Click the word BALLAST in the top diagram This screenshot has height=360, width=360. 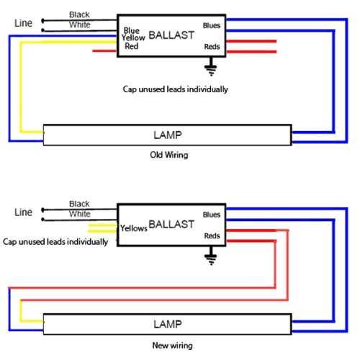click(x=171, y=35)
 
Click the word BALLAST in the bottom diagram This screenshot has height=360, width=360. click(x=171, y=225)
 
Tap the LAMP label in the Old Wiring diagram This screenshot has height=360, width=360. click(x=168, y=135)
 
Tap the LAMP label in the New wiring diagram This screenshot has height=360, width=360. click(x=168, y=324)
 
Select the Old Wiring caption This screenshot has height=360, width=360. click(x=169, y=155)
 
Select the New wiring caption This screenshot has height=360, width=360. click(x=172, y=346)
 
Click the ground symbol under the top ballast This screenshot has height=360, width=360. click(x=211, y=66)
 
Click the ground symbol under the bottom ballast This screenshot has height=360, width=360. click(x=211, y=256)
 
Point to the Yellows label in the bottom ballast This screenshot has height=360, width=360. click(x=134, y=228)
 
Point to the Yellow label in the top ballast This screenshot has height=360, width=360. click(x=133, y=37)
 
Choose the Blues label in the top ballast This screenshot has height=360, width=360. click(x=212, y=25)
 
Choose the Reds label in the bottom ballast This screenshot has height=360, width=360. click(x=212, y=235)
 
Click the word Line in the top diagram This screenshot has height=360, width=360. click(x=23, y=23)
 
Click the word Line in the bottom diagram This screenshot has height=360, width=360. click(x=23, y=212)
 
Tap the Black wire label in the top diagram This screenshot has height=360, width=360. click(x=79, y=14)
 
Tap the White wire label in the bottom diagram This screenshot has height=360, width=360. click(x=80, y=214)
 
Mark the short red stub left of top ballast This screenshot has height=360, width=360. click(x=104, y=51)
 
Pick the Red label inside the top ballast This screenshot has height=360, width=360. click(x=132, y=46)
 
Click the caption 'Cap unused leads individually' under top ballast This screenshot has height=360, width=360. click(x=175, y=89)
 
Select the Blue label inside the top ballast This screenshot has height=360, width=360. click(x=132, y=30)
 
